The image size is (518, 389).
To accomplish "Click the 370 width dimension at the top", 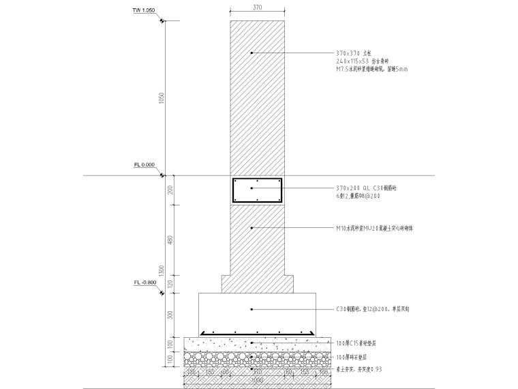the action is pos(256,8).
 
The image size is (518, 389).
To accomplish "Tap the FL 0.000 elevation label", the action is pos(144,164).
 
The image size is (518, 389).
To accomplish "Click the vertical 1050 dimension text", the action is pos(161,98).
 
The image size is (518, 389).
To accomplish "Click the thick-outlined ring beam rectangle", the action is pos(257,190).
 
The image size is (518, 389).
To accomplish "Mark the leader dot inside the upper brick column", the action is pos(252,53).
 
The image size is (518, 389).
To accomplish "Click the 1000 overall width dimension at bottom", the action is pos(256,379).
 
